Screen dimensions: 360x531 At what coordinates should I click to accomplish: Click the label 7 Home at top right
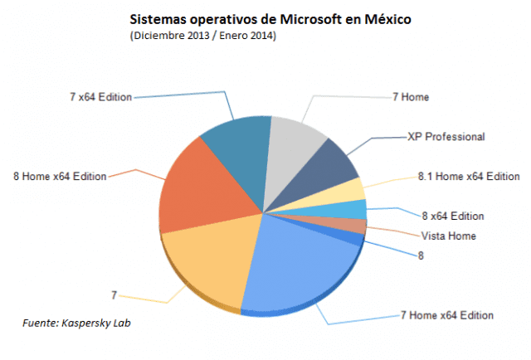(412, 97)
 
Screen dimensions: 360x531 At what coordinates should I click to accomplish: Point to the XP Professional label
(446, 136)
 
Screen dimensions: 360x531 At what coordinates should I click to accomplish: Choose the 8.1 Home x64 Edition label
(469, 176)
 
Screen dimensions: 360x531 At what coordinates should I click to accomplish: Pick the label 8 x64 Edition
(452, 216)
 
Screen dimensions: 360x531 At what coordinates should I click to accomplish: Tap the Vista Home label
(449, 236)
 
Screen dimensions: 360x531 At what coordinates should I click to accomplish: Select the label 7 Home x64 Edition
(447, 315)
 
